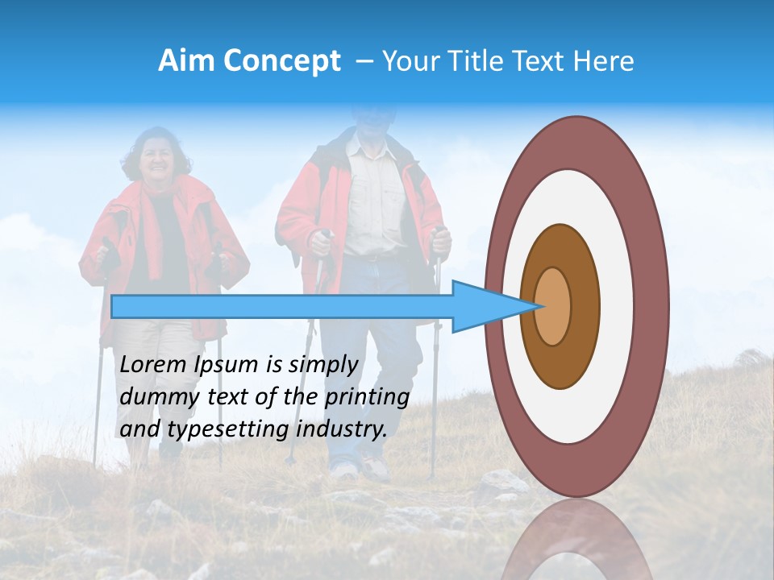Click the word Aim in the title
click(x=186, y=61)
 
